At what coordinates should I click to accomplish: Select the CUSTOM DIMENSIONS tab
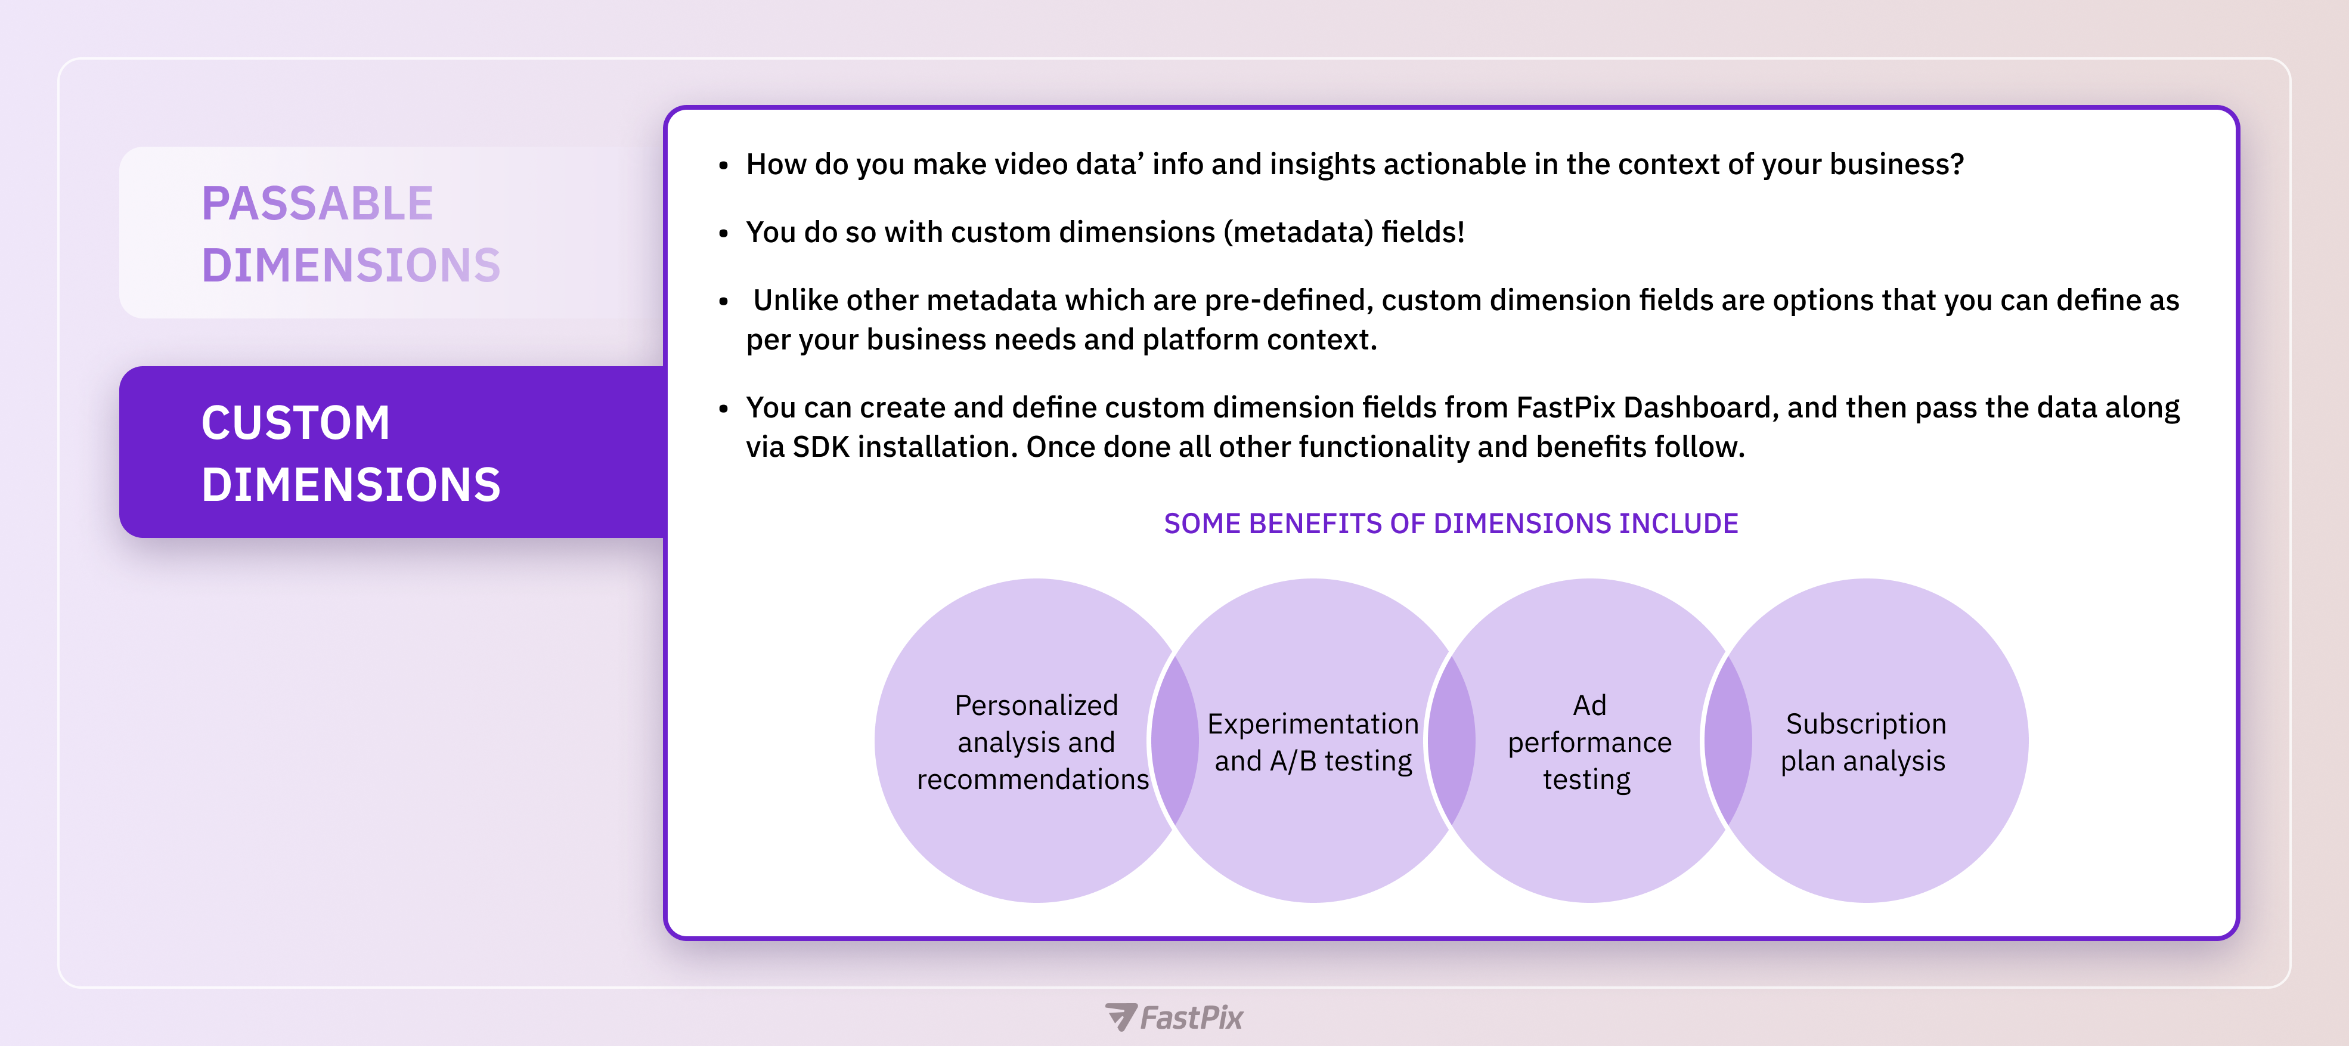pos(392,452)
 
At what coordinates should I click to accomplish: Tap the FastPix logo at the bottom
pos(1173,1017)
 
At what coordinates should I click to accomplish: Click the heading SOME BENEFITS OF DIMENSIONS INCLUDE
pos(1451,524)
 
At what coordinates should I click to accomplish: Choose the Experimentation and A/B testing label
pos(1313,742)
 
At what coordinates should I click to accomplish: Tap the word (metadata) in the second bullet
pos(1297,233)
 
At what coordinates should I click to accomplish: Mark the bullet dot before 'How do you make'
pos(723,166)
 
